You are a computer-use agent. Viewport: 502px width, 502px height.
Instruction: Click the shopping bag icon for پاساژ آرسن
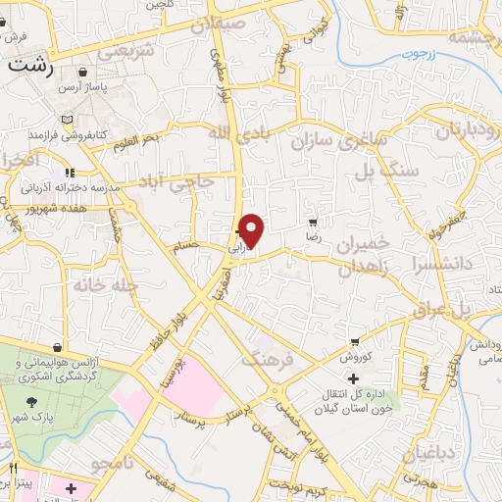click(x=82, y=73)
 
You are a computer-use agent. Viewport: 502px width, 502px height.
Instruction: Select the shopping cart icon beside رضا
click(x=313, y=224)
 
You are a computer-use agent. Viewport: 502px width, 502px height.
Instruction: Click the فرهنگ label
click(x=271, y=360)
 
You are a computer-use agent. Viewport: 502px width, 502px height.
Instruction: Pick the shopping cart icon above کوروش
click(x=354, y=343)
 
